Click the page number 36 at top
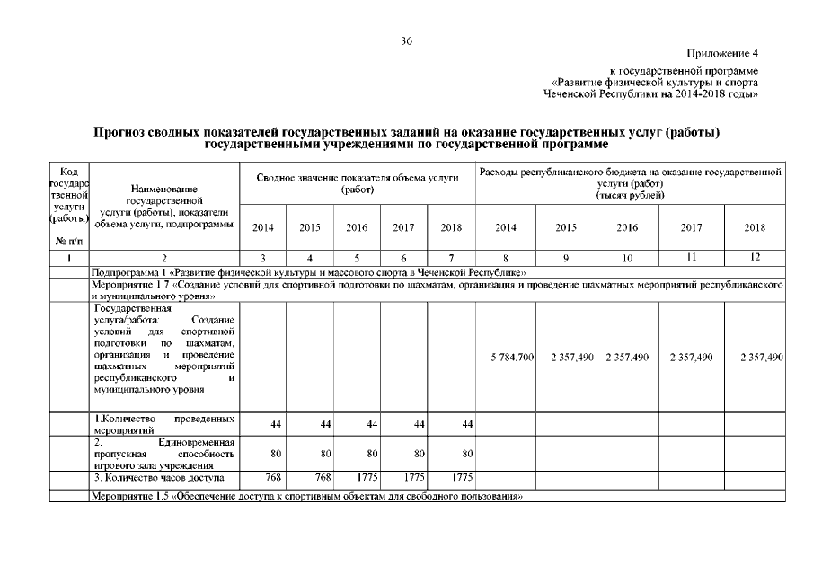pyautogui.click(x=406, y=40)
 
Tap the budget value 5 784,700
pyautogui.click(x=513, y=358)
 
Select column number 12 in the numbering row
pyautogui.click(x=756, y=257)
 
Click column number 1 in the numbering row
pyautogui.click(x=68, y=258)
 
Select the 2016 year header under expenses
pyautogui.click(x=627, y=228)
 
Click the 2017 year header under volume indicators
pyautogui.click(x=403, y=228)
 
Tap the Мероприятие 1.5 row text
pyautogui.click(x=306, y=496)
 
